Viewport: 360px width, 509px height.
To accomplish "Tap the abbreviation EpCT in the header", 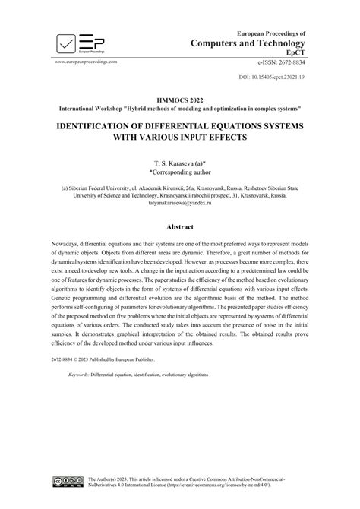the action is point(295,55).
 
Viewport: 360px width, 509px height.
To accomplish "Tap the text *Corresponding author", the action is point(180,173).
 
